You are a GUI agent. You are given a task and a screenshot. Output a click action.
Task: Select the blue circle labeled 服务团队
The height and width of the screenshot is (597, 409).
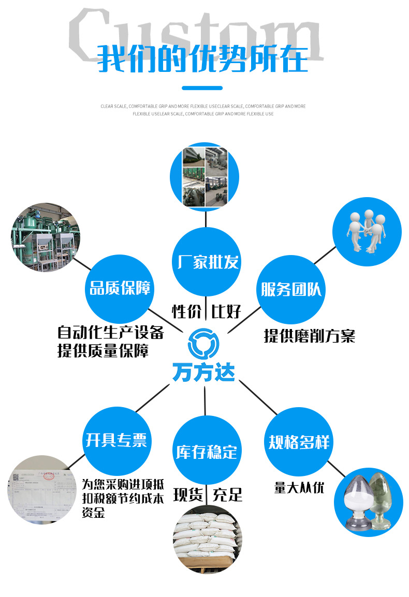(x=290, y=289)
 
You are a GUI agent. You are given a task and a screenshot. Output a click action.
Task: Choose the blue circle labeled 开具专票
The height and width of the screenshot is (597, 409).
(x=116, y=440)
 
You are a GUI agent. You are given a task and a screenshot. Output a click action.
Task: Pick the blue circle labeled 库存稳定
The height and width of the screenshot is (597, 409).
(x=206, y=451)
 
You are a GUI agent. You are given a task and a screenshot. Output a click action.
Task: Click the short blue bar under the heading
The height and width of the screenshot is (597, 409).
(x=202, y=88)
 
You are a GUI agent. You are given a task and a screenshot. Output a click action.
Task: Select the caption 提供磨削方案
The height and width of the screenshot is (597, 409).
(x=309, y=336)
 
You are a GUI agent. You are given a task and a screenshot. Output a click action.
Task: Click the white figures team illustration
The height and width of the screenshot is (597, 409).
(x=367, y=231)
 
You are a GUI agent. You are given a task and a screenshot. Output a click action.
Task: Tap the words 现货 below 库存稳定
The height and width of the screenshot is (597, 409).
(x=187, y=495)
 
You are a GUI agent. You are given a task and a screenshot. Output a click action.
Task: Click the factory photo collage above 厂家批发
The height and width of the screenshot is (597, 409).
(x=205, y=176)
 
